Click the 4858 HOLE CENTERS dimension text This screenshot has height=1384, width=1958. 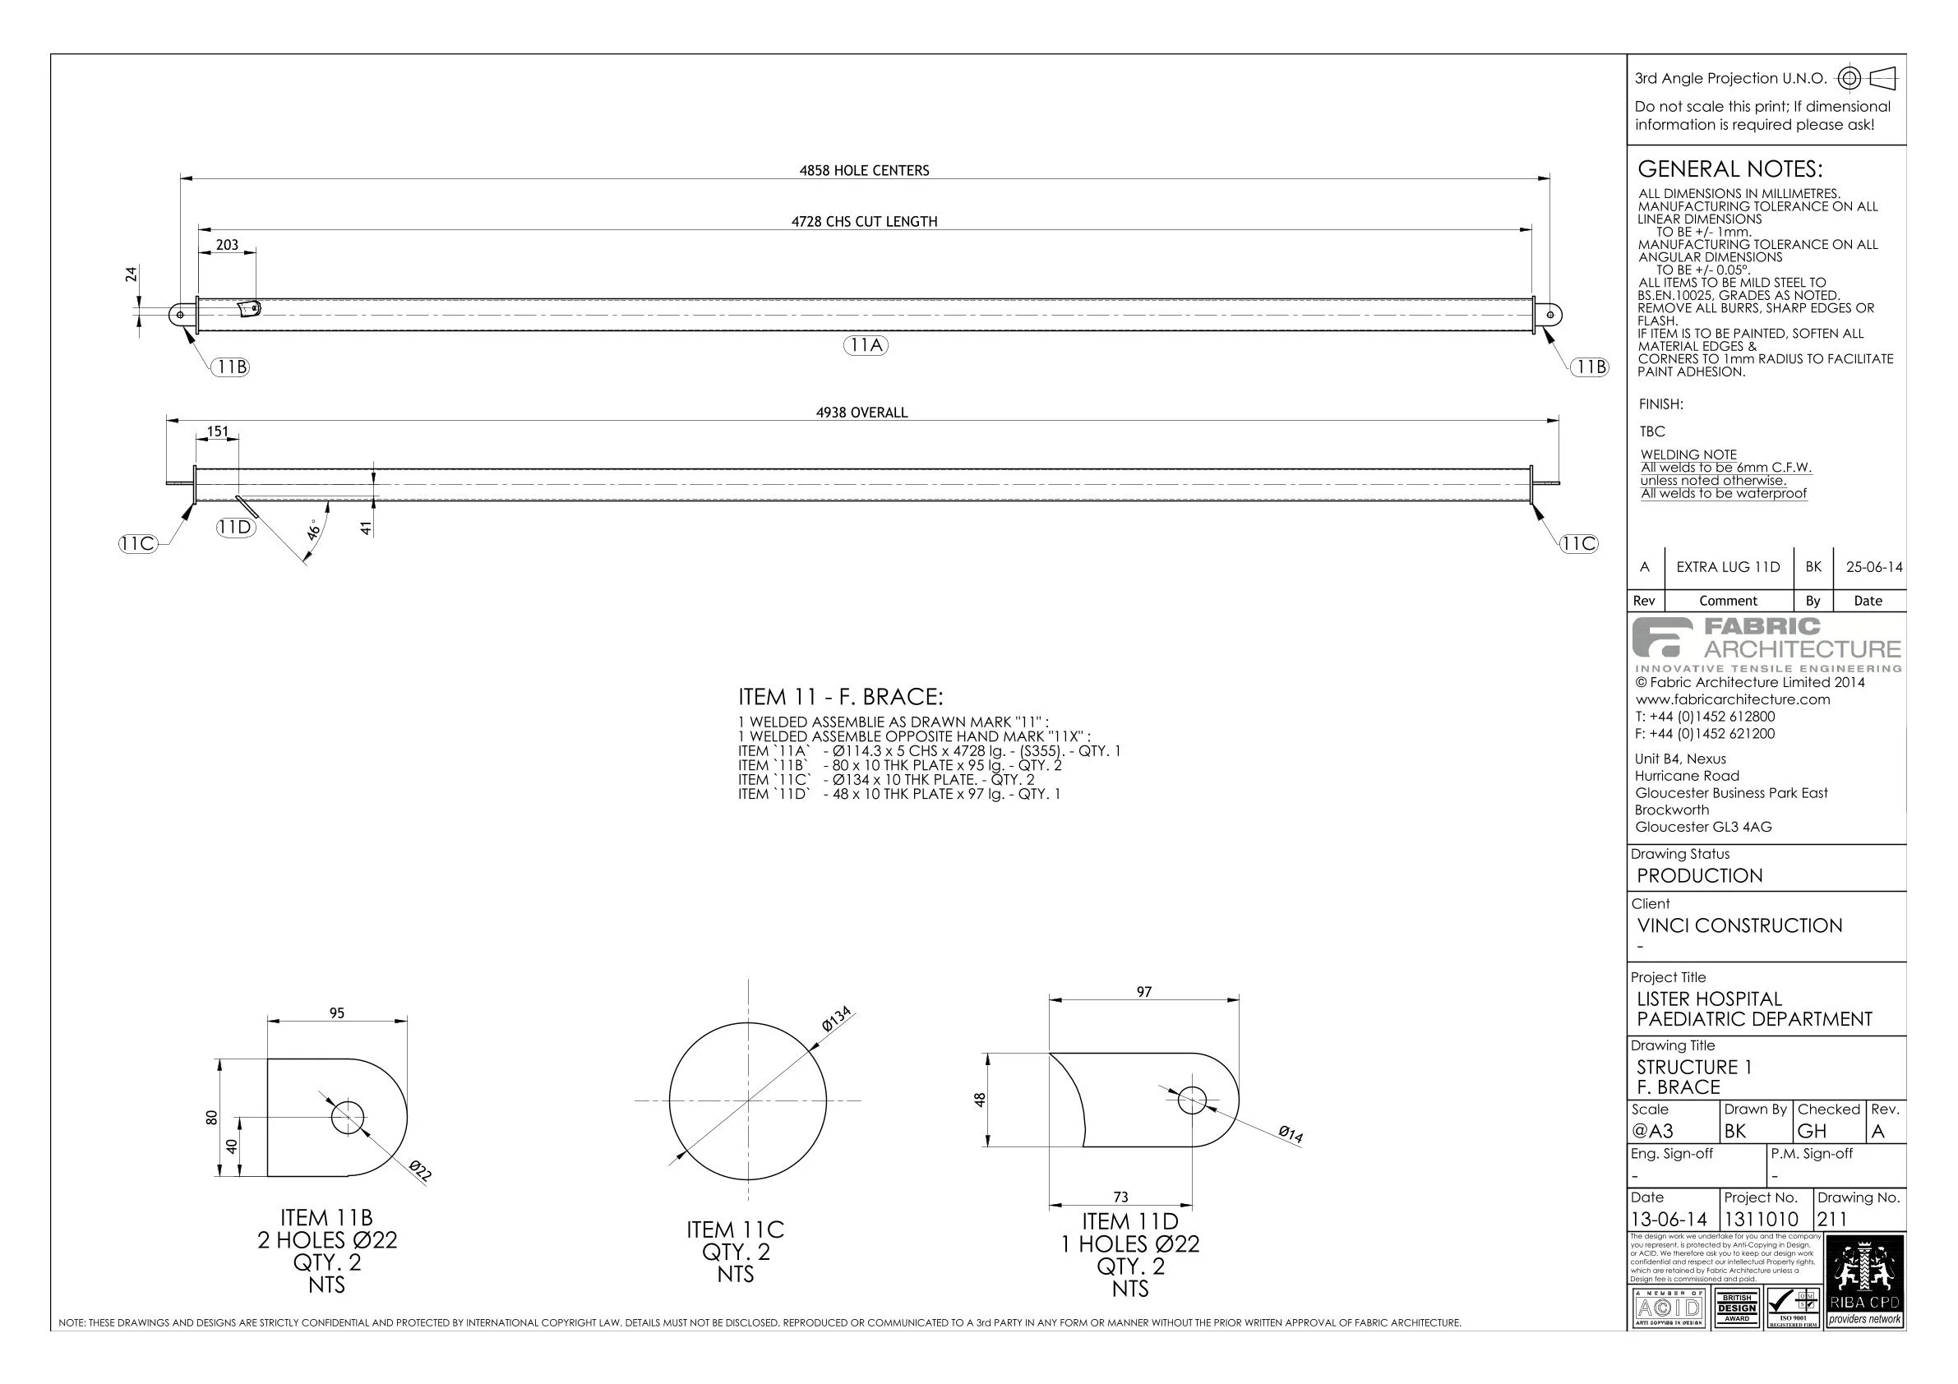[x=864, y=171]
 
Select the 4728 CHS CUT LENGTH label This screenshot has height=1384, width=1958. [x=864, y=222]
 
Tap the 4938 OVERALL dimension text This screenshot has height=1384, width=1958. [x=861, y=413]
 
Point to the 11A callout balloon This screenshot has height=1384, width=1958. [x=866, y=345]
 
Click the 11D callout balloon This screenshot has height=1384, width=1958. [x=234, y=527]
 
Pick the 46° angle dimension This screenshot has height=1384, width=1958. [x=315, y=529]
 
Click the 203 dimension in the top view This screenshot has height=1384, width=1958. [x=227, y=245]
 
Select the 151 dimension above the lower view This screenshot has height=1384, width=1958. [x=218, y=431]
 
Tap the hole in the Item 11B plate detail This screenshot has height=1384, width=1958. [x=347, y=1118]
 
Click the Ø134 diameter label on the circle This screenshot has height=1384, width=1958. [x=838, y=1020]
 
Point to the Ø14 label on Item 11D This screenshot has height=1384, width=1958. [x=1291, y=1134]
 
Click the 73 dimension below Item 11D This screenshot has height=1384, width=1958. [x=1120, y=1197]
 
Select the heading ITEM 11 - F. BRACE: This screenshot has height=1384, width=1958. [x=840, y=698]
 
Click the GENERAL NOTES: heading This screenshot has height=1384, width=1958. [x=1729, y=168]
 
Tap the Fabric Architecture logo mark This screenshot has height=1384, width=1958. [x=1661, y=638]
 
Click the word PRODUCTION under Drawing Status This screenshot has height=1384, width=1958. [x=1699, y=876]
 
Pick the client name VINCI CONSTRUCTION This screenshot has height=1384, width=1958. [x=1739, y=926]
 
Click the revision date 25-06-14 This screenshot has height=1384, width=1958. [x=1873, y=567]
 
